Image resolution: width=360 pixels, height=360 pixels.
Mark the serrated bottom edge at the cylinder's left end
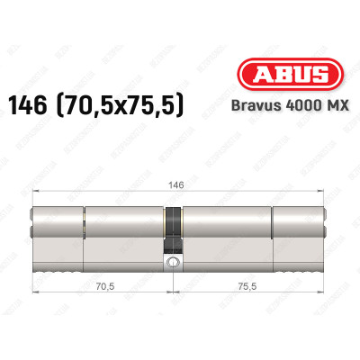tap(54, 253)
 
